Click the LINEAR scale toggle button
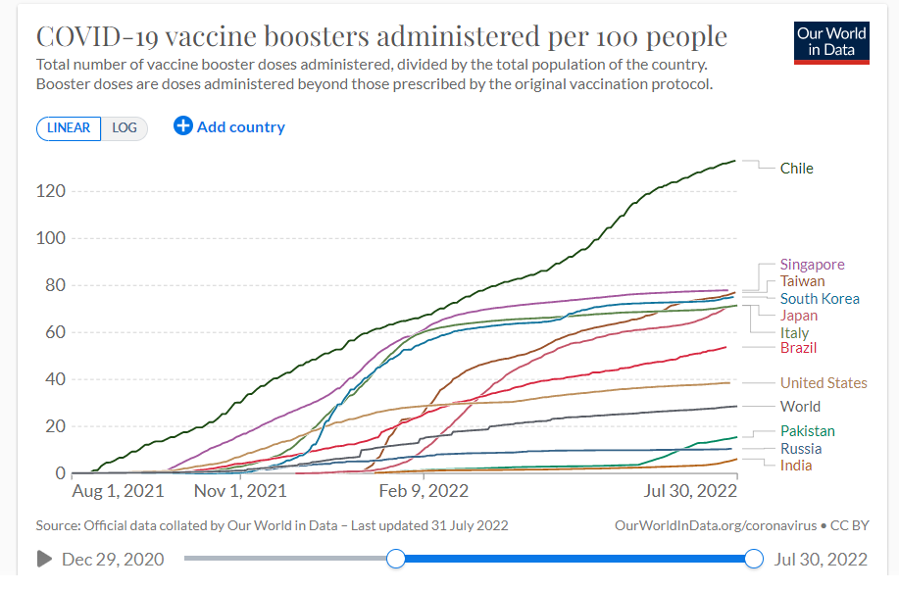(x=69, y=128)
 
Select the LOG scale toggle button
(x=125, y=128)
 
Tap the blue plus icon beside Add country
(x=183, y=126)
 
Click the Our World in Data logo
(x=831, y=41)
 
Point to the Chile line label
(x=796, y=169)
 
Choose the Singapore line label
(x=812, y=265)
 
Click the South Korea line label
(x=820, y=299)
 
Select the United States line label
(x=824, y=383)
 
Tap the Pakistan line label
(x=808, y=431)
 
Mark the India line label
(x=796, y=466)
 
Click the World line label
(x=800, y=407)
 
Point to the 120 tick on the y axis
(x=51, y=191)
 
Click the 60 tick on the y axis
(x=55, y=332)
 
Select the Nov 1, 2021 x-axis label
(x=240, y=490)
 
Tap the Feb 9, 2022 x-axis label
(x=424, y=490)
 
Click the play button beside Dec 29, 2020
(x=44, y=559)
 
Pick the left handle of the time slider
(x=395, y=559)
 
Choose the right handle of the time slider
(x=753, y=559)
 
